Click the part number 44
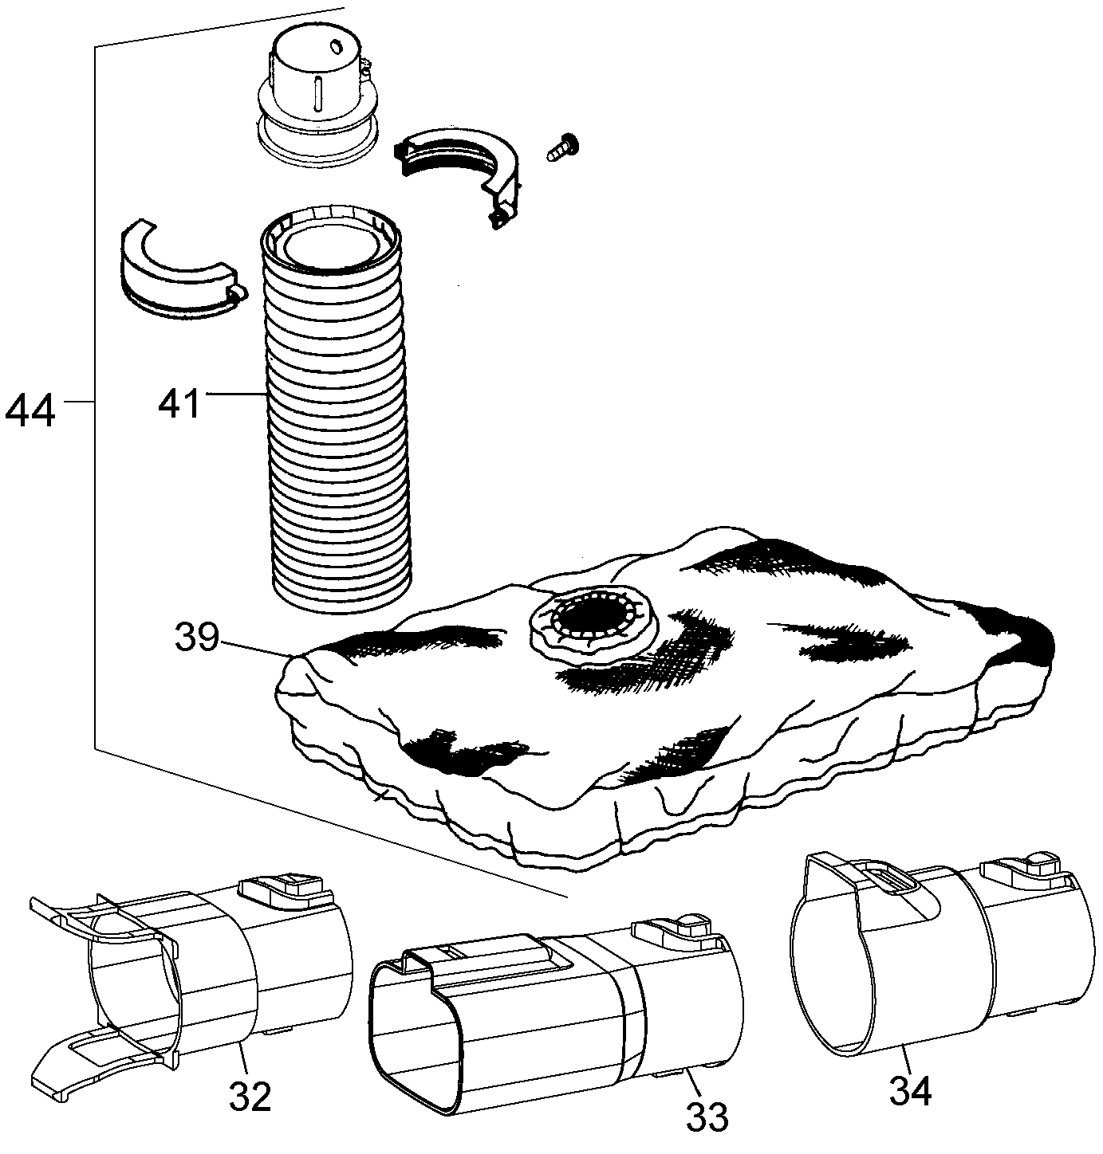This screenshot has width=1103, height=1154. (x=30, y=409)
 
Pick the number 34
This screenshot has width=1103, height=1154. (x=910, y=1089)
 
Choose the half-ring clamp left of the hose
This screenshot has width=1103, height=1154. (x=181, y=270)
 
